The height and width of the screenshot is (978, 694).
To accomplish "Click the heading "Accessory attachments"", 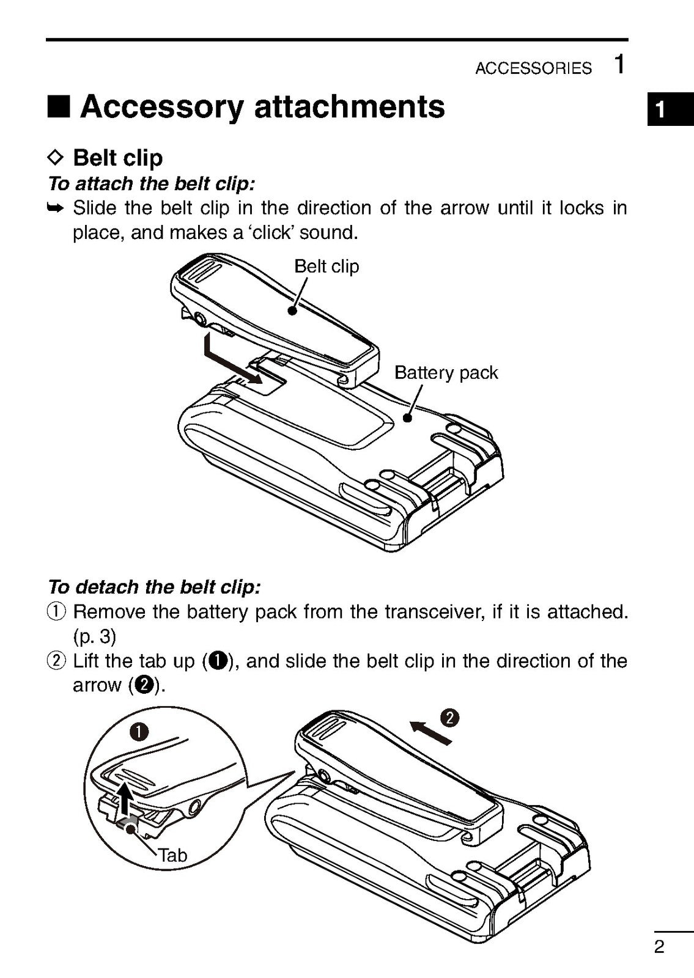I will (x=262, y=107).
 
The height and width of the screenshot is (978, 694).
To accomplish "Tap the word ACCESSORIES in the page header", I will (x=533, y=68).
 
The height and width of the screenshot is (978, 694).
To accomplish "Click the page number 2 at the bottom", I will (x=659, y=947).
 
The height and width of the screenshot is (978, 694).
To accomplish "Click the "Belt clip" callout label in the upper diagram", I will (x=327, y=267).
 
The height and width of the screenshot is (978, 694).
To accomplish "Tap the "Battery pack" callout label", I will (x=446, y=372).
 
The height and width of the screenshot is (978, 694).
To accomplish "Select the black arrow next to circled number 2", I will (x=430, y=732).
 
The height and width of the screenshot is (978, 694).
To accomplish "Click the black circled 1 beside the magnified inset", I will (x=140, y=732).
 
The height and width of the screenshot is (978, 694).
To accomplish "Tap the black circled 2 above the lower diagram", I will (x=450, y=718).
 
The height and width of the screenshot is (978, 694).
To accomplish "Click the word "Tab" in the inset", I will (x=173, y=855).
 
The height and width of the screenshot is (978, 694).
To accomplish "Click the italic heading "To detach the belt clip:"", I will (x=154, y=587).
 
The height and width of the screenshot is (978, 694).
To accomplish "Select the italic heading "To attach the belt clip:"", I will (x=151, y=183).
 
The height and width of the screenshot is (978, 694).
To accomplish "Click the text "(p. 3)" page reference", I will (x=94, y=636).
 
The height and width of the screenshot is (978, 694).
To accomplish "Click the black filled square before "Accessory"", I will (x=59, y=108).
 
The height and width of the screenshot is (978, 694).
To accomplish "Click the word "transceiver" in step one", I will (x=433, y=612).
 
